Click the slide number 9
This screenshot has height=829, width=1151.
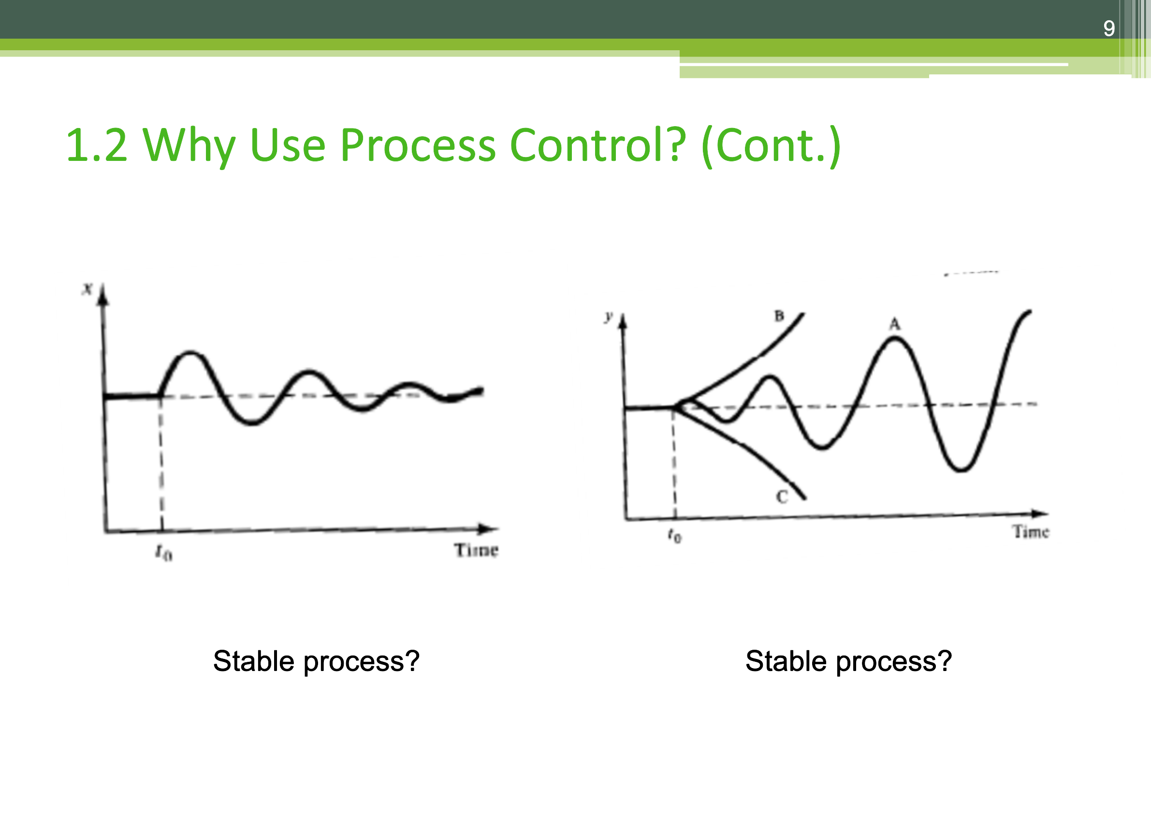coord(1109,28)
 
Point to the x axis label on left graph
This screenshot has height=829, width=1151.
coord(87,289)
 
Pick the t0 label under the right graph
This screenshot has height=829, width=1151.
coord(674,534)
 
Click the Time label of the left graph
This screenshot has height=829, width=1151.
coord(476,550)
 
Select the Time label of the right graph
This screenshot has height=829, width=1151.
coord(1031,531)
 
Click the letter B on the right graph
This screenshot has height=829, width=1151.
coord(779,316)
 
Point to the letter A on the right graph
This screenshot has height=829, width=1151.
coord(895,324)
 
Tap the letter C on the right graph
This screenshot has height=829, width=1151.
coord(782,497)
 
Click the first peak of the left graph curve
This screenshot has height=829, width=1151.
coord(190,352)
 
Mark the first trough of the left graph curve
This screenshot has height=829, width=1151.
coord(252,422)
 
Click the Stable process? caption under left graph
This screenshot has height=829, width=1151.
coord(316,662)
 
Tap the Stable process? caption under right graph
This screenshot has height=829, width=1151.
coord(848,662)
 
